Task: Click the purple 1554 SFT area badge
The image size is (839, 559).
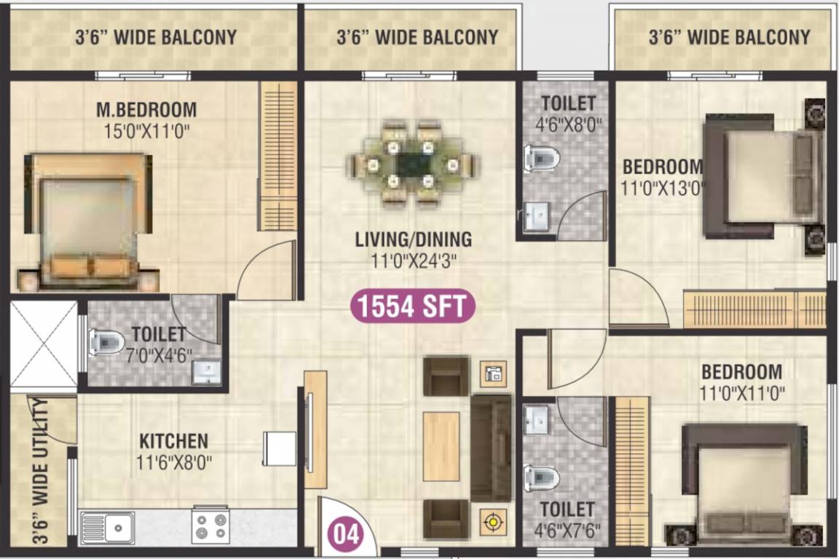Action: pyautogui.click(x=413, y=306)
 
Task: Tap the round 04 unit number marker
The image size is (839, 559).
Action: pyautogui.click(x=347, y=534)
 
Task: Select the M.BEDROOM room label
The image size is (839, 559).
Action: pyautogui.click(x=146, y=110)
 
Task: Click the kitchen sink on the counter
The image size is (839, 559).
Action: pyautogui.click(x=107, y=526)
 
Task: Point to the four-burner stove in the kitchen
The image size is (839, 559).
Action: pyautogui.click(x=210, y=526)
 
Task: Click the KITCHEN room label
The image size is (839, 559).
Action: pyautogui.click(x=173, y=441)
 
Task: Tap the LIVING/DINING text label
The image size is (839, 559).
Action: pyautogui.click(x=413, y=239)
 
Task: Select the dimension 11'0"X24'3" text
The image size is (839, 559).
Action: pyautogui.click(x=413, y=260)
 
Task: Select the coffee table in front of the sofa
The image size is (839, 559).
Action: pyautogui.click(x=441, y=446)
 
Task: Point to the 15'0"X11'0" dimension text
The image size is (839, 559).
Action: pyautogui.click(x=146, y=132)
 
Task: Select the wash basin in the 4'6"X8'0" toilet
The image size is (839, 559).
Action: pyautogui.click(x=538, y=216)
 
